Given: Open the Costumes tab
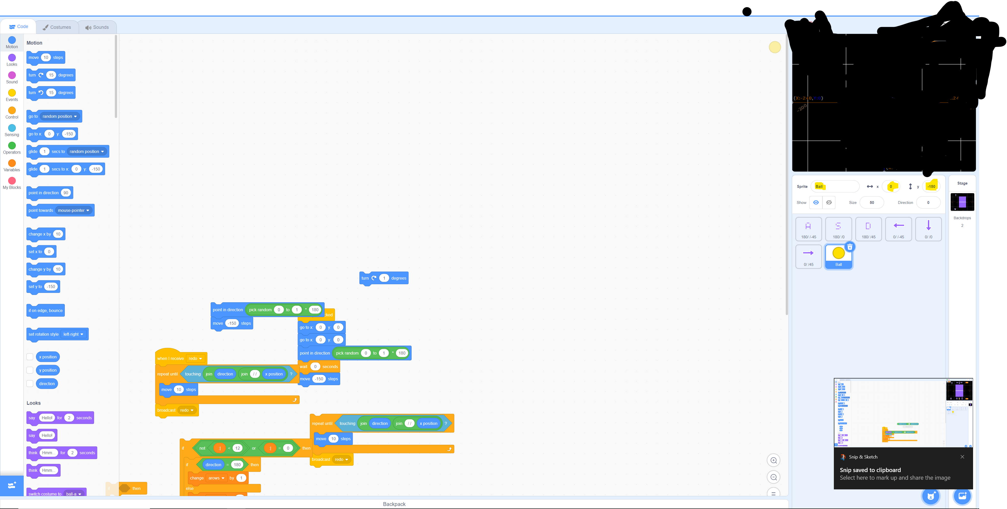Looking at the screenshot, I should click(57, 27).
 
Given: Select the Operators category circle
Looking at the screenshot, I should click(12, 146).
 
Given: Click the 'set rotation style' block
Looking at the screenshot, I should click(43, 334).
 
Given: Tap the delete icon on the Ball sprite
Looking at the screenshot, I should click(850, 247).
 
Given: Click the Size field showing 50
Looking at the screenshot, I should click(871, 202).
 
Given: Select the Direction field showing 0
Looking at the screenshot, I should click(928, 202).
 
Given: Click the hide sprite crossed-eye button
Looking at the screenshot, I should click(829, 202).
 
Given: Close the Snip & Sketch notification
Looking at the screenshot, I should click(962, 457).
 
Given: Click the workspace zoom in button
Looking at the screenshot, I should click(773, 460).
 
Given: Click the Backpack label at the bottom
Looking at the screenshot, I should click(394, 504).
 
